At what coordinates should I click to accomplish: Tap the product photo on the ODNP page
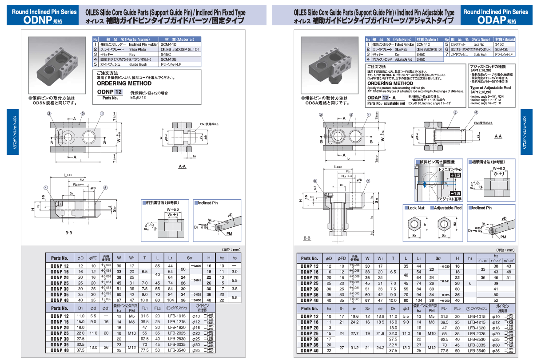pyautogui.click(x=58, y=65)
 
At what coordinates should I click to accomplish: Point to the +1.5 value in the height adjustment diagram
pyautogui.click(x=455, y=175)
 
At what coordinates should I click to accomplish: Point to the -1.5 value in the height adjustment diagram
pyautogui.click(x=455, y=194)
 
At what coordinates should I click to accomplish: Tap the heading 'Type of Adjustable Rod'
pyautogui.click(x=490, y=88)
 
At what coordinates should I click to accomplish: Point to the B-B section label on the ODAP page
pyautogui.click(x=307, y=238)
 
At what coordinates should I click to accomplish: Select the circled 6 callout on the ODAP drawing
pyautogui.click(x=315, y=181)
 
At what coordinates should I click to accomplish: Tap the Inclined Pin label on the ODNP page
pyautogui.click(x=208, y=203)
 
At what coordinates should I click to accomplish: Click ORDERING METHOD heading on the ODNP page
pyautogui.click(x=124, y=83)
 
